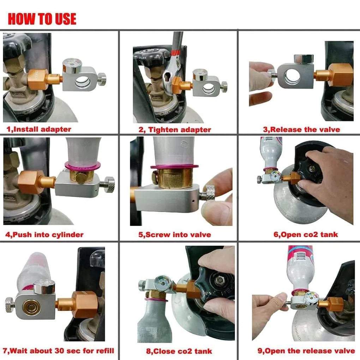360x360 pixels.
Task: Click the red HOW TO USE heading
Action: (42, 19)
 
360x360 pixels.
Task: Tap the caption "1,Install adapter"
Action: (39, 129)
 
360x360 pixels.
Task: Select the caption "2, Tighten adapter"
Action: (175, 130)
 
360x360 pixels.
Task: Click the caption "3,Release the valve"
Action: (301, 130)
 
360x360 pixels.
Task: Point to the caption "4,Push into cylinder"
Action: (44, 235)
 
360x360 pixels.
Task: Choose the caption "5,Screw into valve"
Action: (175, 235)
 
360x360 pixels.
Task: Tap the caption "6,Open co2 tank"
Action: (306, 234)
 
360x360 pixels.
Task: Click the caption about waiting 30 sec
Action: (58, 351)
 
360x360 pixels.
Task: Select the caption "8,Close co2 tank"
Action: (179, 351)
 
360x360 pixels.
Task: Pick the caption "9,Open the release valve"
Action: (306, 351)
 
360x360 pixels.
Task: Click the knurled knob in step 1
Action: (101, 79)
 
